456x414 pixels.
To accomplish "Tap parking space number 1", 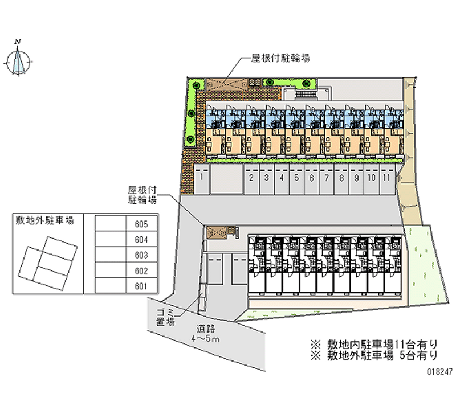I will click(202, 177).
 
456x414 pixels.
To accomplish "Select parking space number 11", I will click(386, 177).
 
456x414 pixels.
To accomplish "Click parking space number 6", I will click(311, 177).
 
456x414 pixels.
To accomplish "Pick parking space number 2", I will click(251, 177).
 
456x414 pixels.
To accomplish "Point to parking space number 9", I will click(356, 177).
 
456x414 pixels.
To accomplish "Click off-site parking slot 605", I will click(141, 224).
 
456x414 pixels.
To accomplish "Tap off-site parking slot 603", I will click(141, 255).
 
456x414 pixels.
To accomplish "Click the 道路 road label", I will click(206, 329).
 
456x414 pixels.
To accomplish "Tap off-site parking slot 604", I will click(141, 240).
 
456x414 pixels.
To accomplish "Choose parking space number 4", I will click(281, 177).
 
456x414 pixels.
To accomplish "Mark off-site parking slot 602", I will click(141, 270).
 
